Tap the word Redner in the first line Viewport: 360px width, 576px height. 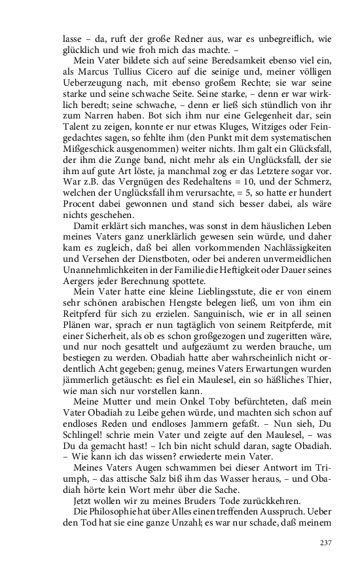[190, 38]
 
